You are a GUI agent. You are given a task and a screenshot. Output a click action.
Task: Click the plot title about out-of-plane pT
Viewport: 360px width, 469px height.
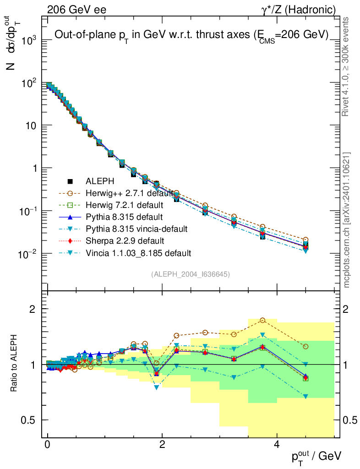pos(191,35)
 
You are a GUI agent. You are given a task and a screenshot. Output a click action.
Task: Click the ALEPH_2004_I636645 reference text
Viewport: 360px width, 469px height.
pos(190,274)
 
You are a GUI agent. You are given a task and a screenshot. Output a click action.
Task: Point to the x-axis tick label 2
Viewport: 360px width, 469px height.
pos(162,445)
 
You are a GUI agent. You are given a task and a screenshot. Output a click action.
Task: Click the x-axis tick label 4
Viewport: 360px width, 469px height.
pos(277,445)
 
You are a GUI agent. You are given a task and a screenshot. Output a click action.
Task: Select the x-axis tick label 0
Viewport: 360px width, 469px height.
pos(48,445)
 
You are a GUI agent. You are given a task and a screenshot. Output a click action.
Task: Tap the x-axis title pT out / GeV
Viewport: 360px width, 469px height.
pos(316,455)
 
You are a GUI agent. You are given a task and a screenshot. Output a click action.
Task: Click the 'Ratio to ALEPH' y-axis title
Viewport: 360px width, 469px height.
pos(14,364)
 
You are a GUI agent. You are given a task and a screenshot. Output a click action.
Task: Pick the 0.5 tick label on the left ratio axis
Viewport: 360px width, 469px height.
pos(30,420)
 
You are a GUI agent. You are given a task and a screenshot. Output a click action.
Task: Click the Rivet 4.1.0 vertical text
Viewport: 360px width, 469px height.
pos(347,66)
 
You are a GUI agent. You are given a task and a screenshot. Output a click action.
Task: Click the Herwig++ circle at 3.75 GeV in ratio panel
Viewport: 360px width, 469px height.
pos(262,320)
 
